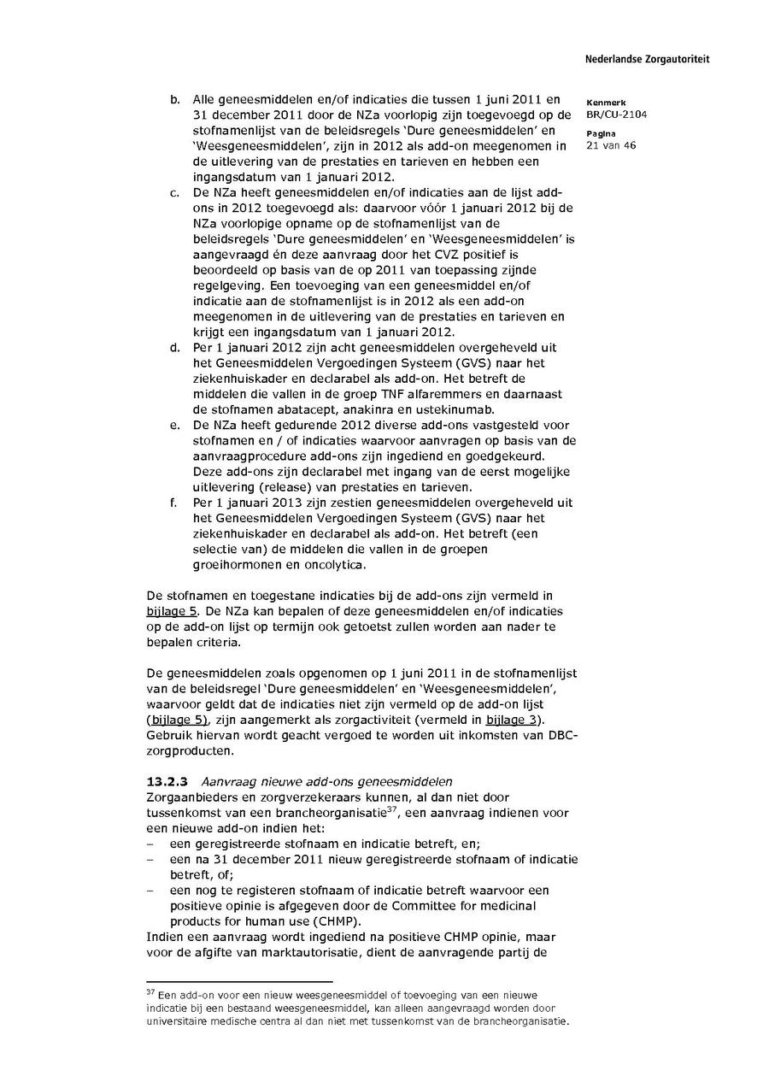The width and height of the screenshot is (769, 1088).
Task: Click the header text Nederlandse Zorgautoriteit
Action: [647, 60]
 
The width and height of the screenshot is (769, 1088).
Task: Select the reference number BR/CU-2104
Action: [616, 115]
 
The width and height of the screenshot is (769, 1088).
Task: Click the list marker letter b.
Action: [174, 100]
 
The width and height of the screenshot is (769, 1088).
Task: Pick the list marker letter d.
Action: [174, 348]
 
